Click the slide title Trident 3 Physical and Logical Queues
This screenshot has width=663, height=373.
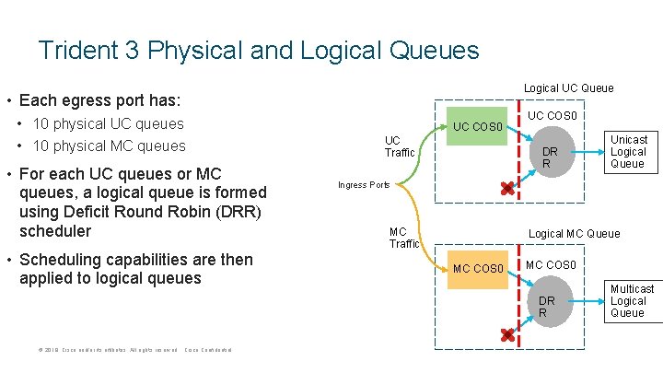pos(259,49)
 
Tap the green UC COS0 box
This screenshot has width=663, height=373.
pos(476,126)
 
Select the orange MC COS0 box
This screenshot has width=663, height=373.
pos(478,269)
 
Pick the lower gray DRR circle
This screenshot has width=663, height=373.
pos(547,306)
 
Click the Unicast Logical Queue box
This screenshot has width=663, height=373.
pos(628,151)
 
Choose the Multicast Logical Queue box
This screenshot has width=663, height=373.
pos(632,301)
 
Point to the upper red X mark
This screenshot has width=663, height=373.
pos(506,189)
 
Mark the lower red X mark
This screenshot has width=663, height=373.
pos(506,336)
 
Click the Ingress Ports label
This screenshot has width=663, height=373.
pos(364,185)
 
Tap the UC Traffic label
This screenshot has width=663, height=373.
pos(399,146)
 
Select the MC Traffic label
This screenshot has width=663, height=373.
pos(403,238)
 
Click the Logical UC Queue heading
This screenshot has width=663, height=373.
pos(568,88)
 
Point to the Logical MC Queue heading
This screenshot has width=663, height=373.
pos(574,234)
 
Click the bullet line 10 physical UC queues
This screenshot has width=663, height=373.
pos(108,123)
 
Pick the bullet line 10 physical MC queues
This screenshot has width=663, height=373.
pos(109,146)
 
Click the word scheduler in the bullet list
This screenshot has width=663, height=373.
pos(55,230)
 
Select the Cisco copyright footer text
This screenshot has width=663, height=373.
pos(134,350)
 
